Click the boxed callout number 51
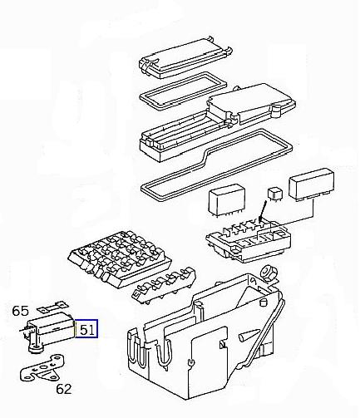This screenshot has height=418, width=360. (86, 329)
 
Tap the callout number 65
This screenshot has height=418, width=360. (20, 311)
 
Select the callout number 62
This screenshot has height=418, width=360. (64, 389)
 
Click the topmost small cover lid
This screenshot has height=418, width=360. (185, 57)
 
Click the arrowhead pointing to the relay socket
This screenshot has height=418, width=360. (260, 219)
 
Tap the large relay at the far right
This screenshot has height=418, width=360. (312, 184)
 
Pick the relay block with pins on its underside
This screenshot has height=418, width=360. (227, 199)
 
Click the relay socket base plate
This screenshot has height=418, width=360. (249, 240)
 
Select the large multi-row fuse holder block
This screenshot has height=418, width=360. (120, 255)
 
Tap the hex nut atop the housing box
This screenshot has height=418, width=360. (269, 273)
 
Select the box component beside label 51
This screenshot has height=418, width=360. (52, 329)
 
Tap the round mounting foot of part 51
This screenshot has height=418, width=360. (35, 348)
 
